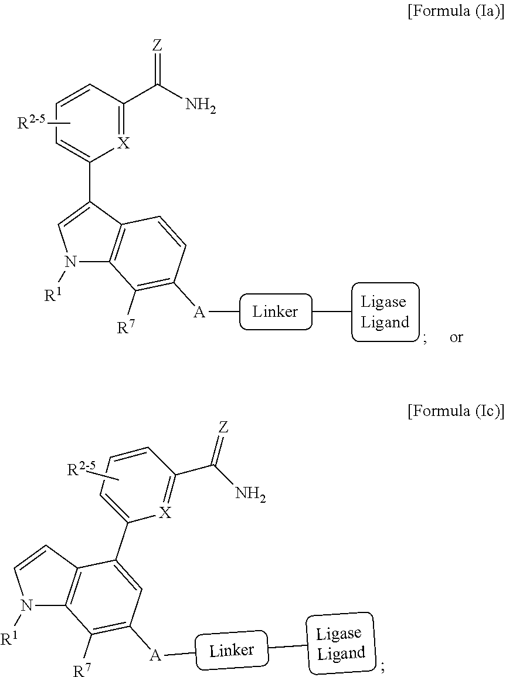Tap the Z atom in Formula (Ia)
coord(158,46)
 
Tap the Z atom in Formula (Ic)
coord(223,428)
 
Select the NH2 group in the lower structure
coord(250,493)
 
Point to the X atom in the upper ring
coord(124,143)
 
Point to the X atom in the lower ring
coord(164,513)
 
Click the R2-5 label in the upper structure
coord(30,122)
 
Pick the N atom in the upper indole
coord(70,261)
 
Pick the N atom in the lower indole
coord(27,606)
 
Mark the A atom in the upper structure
coord(199,312)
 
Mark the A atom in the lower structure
coord(155,655)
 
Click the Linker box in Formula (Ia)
coord(275,312)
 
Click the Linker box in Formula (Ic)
coord(232,650)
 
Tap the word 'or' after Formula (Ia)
coord(456,337)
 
